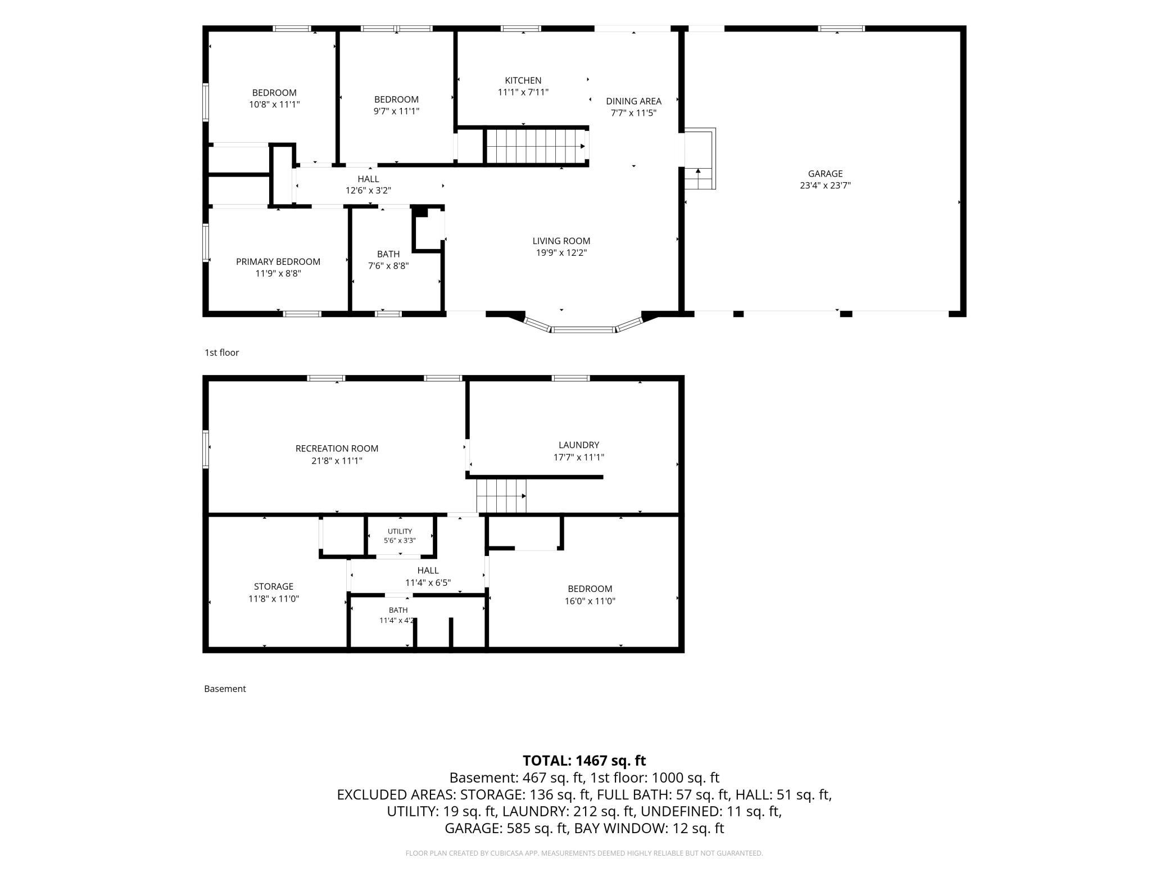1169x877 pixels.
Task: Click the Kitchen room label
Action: click(523, 80)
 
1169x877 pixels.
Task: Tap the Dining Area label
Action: click(633, 101)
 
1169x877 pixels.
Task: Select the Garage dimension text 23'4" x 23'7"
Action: click(825, 186)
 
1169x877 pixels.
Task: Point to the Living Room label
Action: click(561, 241)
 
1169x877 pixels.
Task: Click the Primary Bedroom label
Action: click(278, 262)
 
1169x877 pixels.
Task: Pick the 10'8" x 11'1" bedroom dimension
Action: click(274, 105)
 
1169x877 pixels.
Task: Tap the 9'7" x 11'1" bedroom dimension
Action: click(396, 111)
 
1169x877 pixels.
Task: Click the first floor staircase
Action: click(536, 146)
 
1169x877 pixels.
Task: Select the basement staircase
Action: click(501, 496)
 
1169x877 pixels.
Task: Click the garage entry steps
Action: click(700, 159)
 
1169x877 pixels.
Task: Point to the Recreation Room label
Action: click(337, 449)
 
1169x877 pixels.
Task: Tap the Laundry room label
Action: click(579, 445)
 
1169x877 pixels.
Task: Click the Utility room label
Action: click(400, 531)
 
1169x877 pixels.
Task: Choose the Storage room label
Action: click(274, 587)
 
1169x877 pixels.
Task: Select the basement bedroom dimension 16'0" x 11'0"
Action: click(590, 601)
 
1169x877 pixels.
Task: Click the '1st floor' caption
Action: click(221, 352)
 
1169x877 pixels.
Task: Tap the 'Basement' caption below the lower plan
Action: click(225, 689)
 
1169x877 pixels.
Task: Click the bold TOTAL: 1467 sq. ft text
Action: click(584, 761)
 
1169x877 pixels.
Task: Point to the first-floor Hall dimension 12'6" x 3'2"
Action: click(368, 191)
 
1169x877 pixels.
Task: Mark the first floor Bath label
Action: click(388, 254)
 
